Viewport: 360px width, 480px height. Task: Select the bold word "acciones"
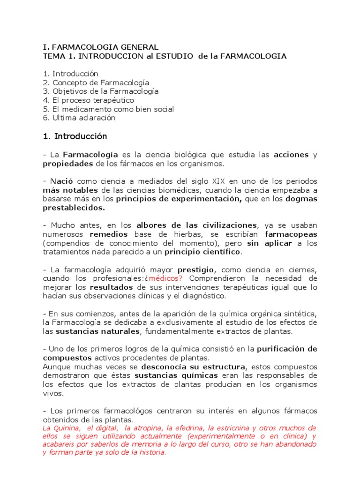tap(291, 155)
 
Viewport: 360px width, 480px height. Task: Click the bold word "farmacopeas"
tap(291, 234)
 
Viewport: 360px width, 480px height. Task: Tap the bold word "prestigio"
tap(195, 270)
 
